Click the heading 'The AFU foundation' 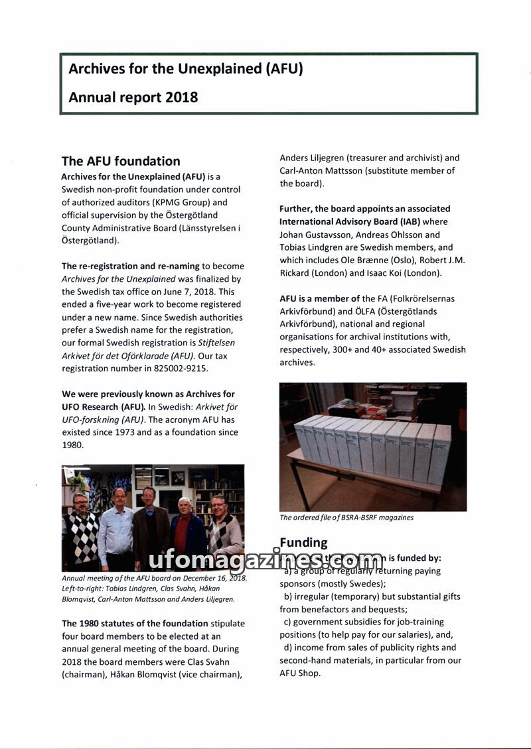[x=121, y=161]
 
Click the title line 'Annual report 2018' [x=133, y=97]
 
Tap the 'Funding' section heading [x=303, y=543]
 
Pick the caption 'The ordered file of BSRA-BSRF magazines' [x=346, y=518]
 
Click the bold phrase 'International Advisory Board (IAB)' [x=350, y=221]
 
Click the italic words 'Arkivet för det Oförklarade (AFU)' [x=123, y=355]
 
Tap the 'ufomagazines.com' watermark [x=265, y=561]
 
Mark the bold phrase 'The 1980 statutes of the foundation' [x=135, y=623]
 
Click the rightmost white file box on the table [x=439, y=453]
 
